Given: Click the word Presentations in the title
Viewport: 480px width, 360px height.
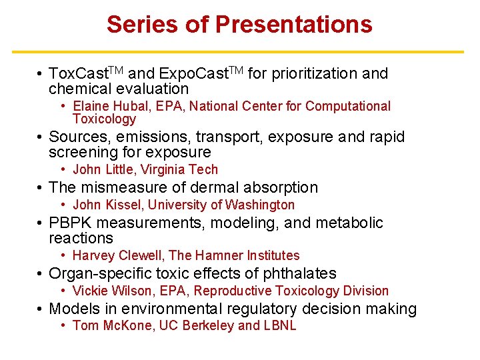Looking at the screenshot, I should point(293,24).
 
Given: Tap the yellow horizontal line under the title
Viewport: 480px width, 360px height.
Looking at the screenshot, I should point(239,51).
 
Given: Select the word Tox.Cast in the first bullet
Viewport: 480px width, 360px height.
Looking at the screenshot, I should point(77,73).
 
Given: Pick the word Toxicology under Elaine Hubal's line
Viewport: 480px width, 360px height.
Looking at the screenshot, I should point(104,119).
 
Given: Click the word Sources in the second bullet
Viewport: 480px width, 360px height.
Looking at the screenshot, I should point(76,137).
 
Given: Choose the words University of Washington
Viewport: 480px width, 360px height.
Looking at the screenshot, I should point(221,205).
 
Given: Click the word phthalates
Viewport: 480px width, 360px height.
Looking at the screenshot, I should point(298,273).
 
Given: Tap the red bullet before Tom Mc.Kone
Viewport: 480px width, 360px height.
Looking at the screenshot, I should point(62,325).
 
